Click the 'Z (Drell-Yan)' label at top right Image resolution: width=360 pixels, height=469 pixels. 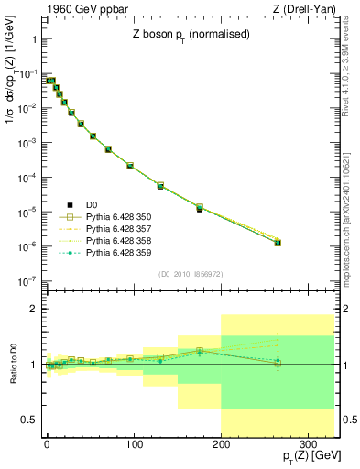point(306,10)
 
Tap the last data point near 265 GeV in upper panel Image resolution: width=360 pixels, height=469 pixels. point(278,243)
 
